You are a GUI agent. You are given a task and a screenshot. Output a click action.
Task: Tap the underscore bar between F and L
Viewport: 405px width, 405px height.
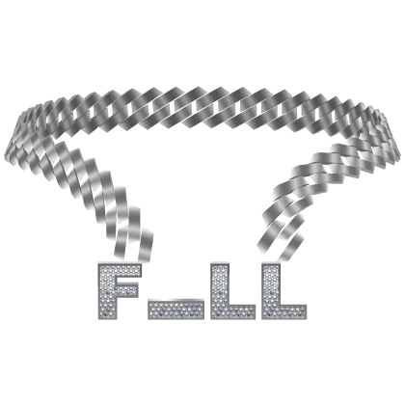pyautogui.click(x=175, y=310)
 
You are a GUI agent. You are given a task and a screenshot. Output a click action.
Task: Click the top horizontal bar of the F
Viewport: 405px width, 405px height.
pyautogui.click(x=120, y=270)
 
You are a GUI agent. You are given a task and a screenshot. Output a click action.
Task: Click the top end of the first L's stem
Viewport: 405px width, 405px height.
pyautogui.click(x=220, y=265)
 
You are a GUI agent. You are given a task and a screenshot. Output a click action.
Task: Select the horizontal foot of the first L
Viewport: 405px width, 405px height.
pyautogui.click(x=233, y=311)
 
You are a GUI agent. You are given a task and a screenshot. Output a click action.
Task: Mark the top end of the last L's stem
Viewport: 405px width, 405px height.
pyautogui.click(x=271, y=265)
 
